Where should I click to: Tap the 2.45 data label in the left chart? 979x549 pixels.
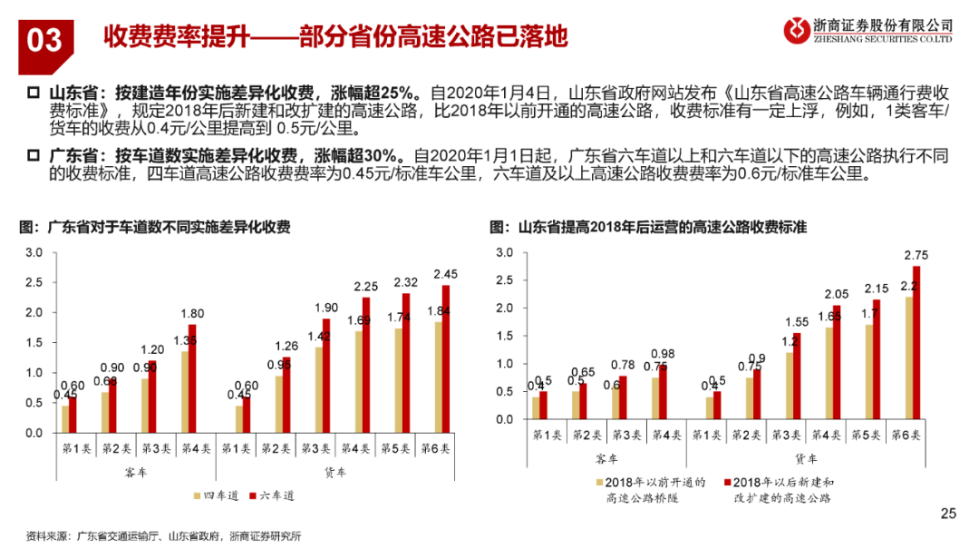coord(448,273)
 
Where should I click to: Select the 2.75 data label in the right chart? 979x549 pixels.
coord(915,255)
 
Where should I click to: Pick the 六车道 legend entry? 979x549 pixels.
coord(272,495)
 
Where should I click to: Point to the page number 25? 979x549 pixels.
coord(949,515)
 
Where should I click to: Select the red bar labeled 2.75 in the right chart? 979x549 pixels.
coord(916,342)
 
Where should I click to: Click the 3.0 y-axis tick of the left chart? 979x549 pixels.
coord(33,252)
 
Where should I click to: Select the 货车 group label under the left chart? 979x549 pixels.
coord(336,472)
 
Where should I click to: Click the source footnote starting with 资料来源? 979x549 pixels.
coord(163,535)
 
